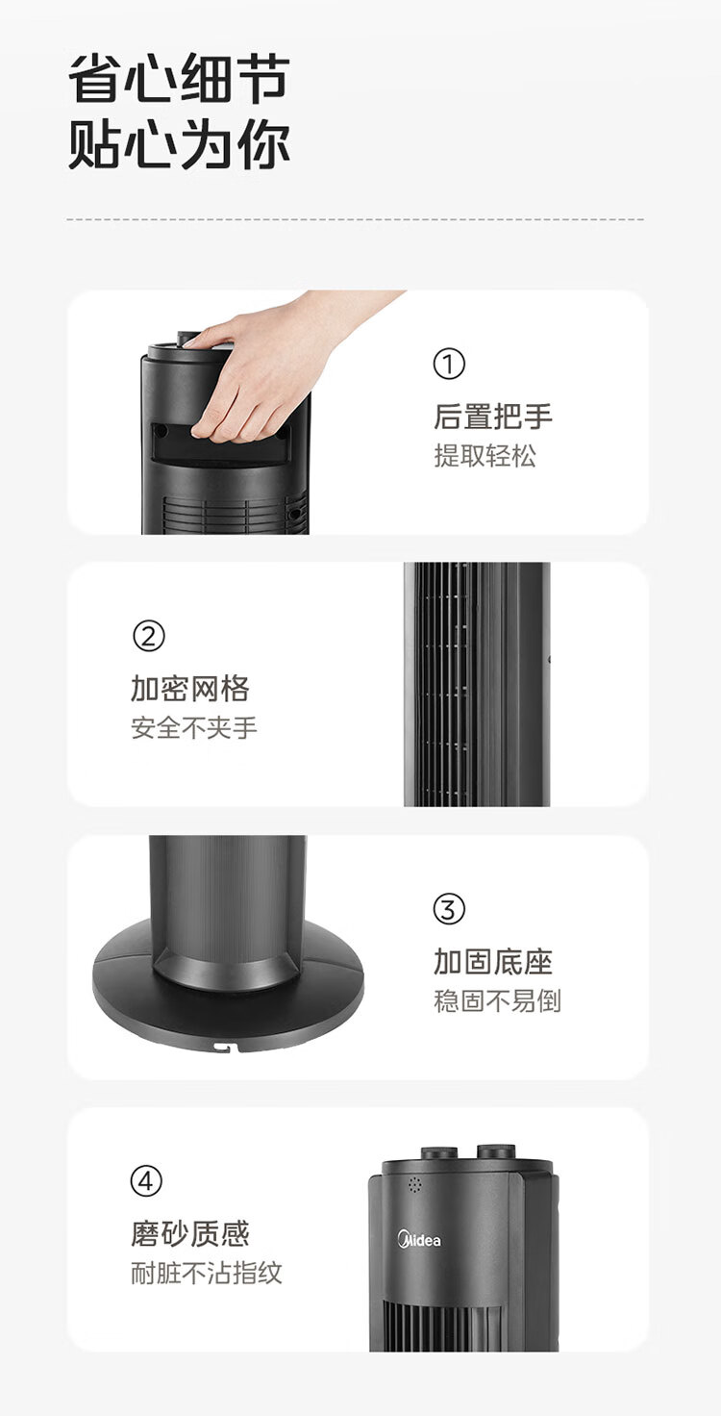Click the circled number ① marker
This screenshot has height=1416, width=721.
(x=449, y=364)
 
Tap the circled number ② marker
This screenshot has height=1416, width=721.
(x=148, y=636)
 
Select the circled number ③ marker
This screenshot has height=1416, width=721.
(x=449, y=909)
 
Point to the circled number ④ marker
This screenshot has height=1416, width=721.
(x=146, y=1181)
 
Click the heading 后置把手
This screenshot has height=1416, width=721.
(x=493, y=416)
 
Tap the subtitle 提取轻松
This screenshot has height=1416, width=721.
(x=485, y=456)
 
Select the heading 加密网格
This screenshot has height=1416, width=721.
(x=190, y=689)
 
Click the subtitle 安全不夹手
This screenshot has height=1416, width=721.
(x=194, y=728)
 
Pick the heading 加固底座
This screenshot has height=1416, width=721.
(x=493, y=962)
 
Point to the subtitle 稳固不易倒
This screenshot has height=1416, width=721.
(x=497, y=1001)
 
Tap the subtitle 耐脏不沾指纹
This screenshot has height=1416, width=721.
(x=207, y=1273)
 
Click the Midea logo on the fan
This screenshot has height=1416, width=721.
(x=419, y=1239)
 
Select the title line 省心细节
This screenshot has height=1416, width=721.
(x=180, y=78)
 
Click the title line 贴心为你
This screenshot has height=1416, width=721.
(x=180, y=145)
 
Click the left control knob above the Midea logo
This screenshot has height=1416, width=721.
(x=439, y=1151)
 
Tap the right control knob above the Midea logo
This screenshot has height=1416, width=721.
(x=496, y=1150)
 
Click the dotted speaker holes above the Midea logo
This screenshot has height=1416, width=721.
(x=414, y=1184)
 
